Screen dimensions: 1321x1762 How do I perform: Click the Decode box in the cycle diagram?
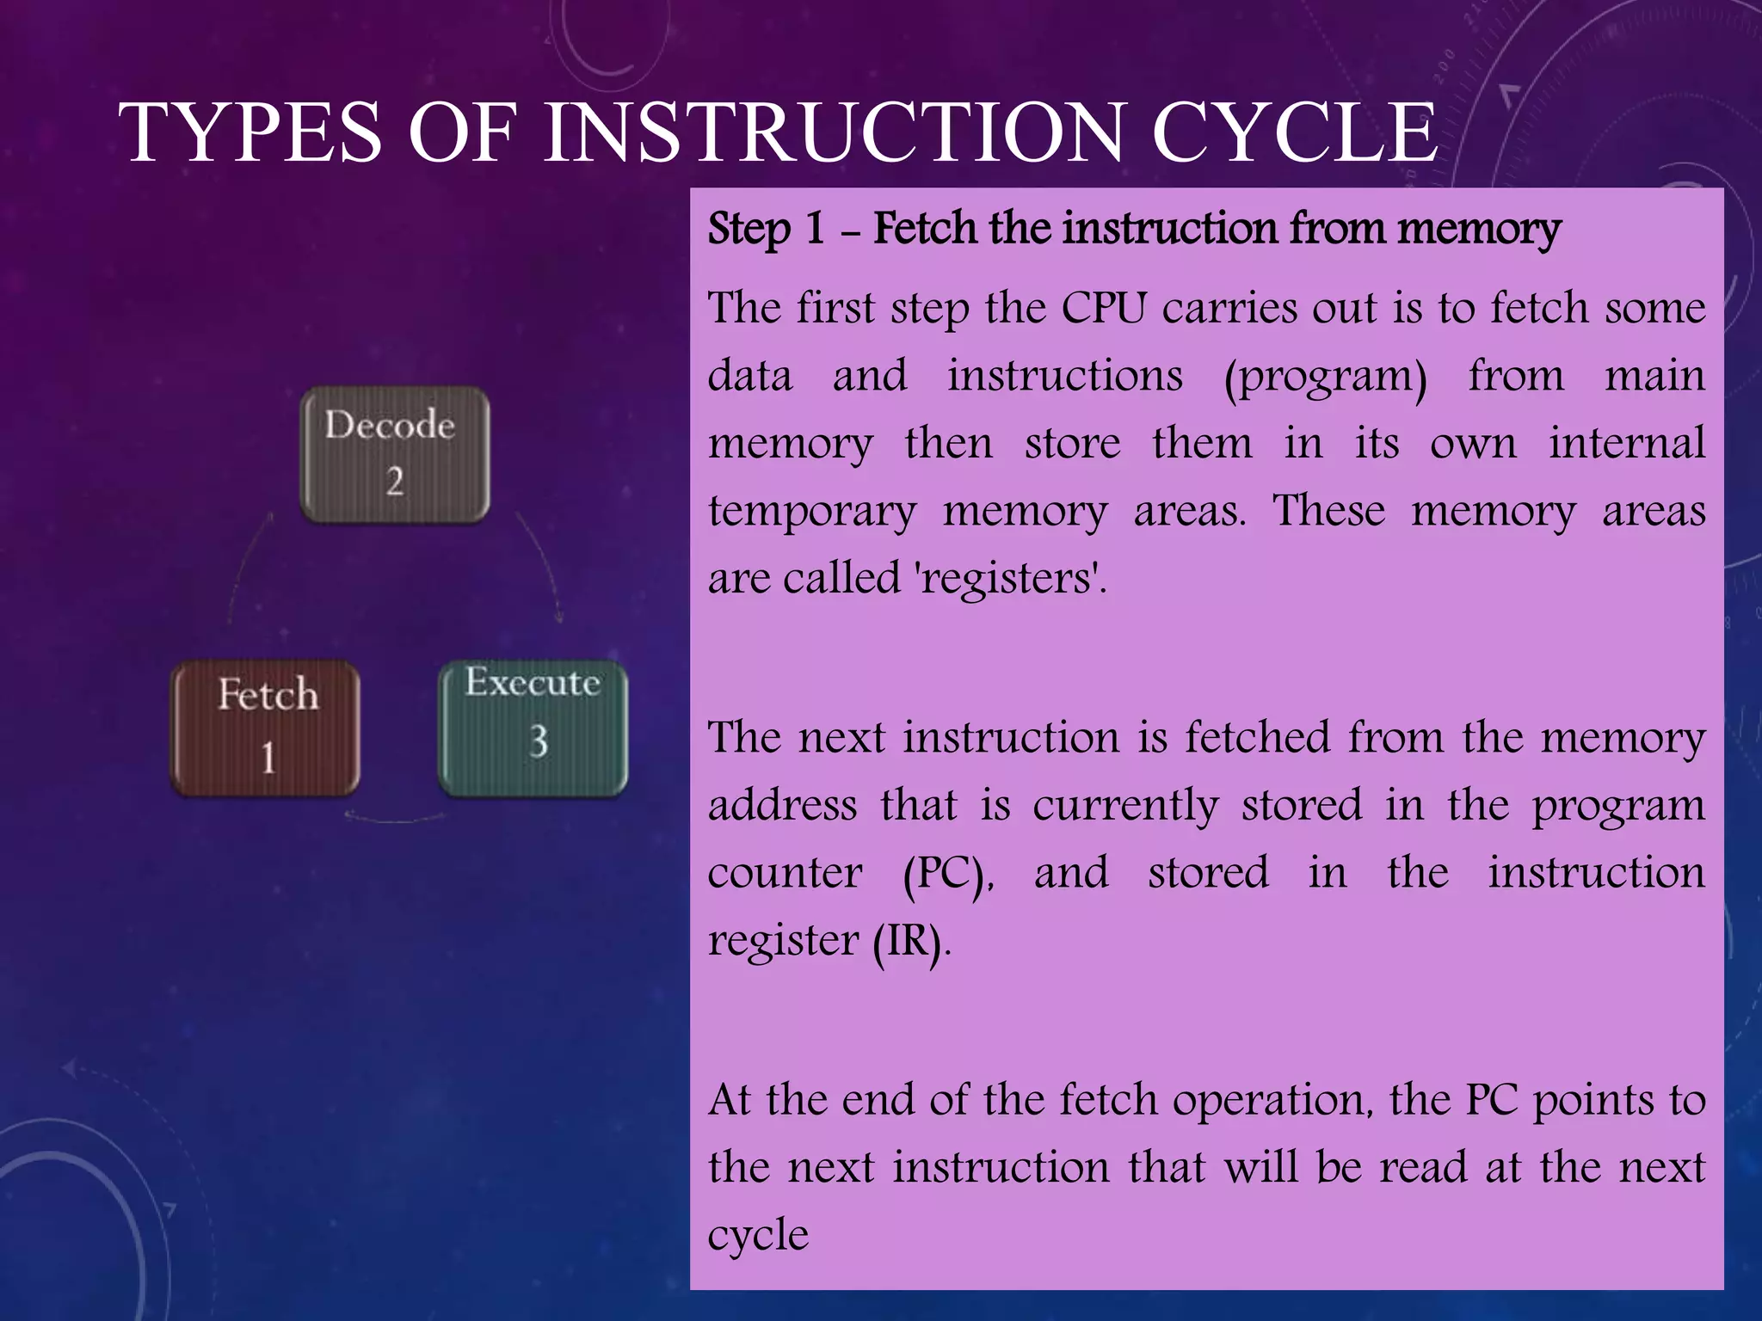click(395, 454)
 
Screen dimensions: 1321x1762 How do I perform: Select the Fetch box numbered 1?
click(266, 728)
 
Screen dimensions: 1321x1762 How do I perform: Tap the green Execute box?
click(533, 728)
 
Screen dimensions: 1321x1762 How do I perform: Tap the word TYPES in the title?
click(250, 133)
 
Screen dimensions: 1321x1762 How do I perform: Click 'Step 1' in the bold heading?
click(766, 229)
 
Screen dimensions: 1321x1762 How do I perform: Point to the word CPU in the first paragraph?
click(1104, 308)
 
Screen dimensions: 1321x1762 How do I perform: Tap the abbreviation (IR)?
click(909, 941)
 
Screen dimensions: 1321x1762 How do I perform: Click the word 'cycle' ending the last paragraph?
click(758, 1235)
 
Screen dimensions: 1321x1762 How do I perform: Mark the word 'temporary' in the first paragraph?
click(812, 512)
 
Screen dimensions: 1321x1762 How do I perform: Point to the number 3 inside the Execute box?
click(539, 741)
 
